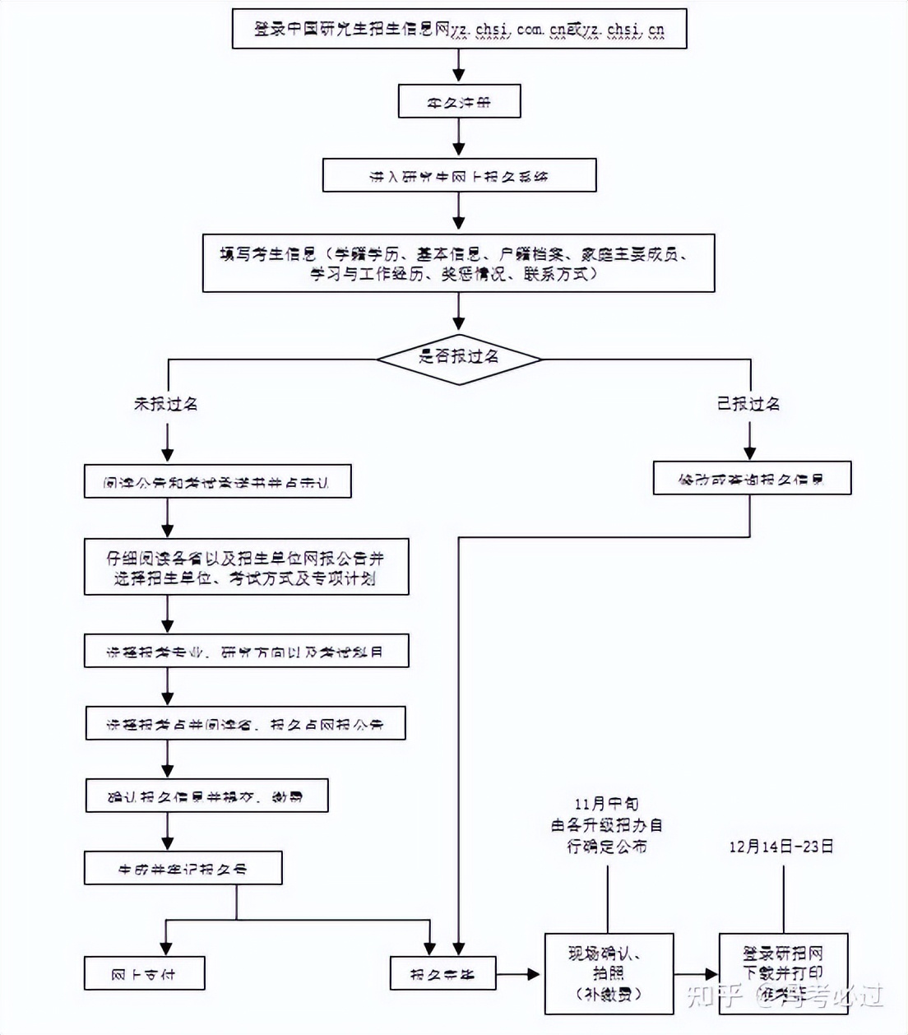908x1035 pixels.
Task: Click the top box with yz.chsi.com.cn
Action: point(459,30)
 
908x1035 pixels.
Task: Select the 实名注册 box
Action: point(459,102)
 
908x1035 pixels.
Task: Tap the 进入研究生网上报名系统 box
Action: point(459,176)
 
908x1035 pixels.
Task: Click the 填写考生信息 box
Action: point(459,263)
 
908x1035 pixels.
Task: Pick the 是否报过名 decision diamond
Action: point(459,357)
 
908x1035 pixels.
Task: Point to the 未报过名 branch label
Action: point(166,404)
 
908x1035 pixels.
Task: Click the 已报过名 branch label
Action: point(748,404)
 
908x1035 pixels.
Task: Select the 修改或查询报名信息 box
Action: point(752,479)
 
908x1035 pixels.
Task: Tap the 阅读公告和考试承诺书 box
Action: point(217,482)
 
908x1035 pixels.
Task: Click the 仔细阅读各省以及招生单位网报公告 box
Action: point(246,568)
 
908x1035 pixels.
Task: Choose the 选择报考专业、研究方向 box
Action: point(246,652)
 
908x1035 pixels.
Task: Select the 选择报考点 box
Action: point(245,724)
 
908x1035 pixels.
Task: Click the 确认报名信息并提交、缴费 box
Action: point(206,796)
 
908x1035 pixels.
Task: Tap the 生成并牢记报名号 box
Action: point(183,869)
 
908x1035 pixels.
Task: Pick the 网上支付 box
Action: point(144,974)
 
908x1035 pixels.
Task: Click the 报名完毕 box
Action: point(442,974)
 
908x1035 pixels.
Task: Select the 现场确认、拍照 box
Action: point(609,973)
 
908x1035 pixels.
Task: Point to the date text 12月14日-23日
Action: point(781,847)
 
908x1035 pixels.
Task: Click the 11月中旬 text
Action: point(607,804)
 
